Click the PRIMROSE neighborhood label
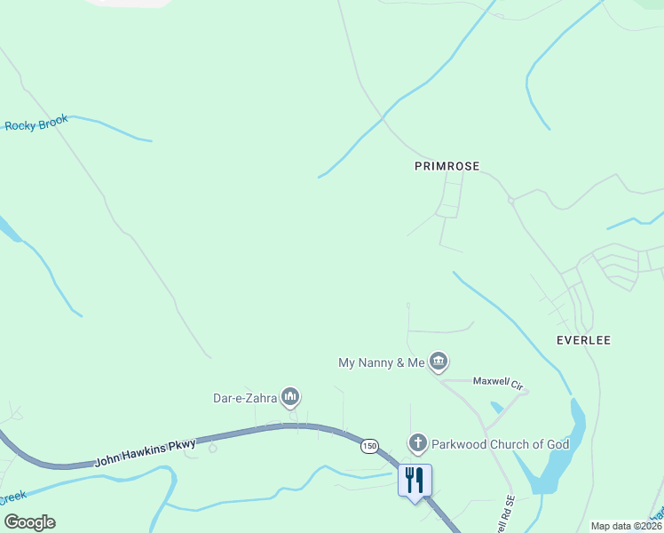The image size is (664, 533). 447,166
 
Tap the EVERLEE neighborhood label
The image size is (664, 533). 583,340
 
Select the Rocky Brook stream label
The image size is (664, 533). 36,123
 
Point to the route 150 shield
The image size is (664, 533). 369,444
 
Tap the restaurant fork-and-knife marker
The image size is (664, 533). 415,481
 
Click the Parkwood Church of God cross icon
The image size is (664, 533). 417,443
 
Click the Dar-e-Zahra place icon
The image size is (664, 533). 289,396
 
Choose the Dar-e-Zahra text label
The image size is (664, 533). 245,398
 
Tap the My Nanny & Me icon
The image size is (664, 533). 438,362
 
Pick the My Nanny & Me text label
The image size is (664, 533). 382,362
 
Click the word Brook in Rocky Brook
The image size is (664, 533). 52,122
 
